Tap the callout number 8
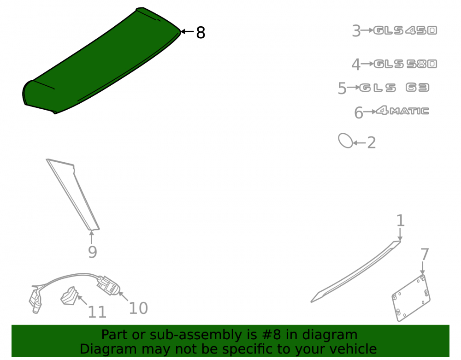(x=201, y=32)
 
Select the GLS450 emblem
(x=405, y=30)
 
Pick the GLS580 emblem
(x=405, y=64)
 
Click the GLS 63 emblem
(x=394, y=88)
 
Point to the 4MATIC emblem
(x=402, y=111)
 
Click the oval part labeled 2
(x=345, y=141)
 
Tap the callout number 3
(x=356, y=31)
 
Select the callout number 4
(x=356, y=65)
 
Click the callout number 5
(x=342, y=88)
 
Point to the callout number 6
(x=358, y=113)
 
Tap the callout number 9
(x=92, y=252)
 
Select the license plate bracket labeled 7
(x=411, y=298)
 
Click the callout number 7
(x=425, y=254)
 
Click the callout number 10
(x=138, y=308)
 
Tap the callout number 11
(x=97, y=312)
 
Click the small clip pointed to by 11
(x=70, y=295)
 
